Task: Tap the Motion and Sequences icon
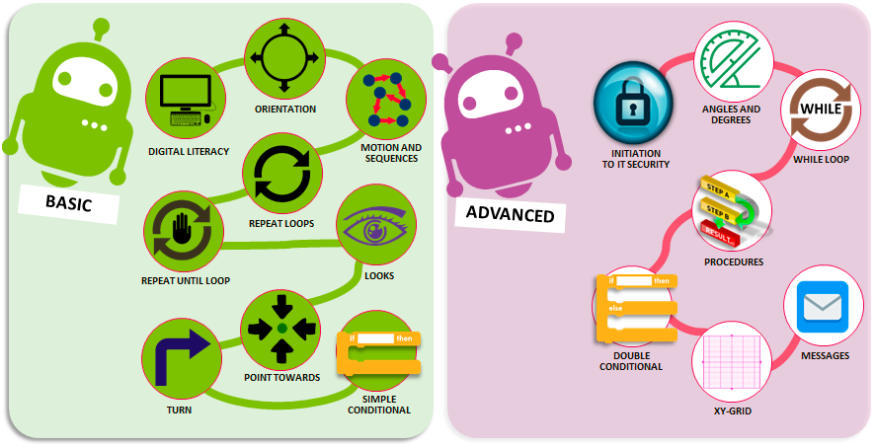click(385, 99)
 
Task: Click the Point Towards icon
click(282, 327)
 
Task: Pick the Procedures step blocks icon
click(731, 212)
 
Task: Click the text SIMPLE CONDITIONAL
click(379, 405)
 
